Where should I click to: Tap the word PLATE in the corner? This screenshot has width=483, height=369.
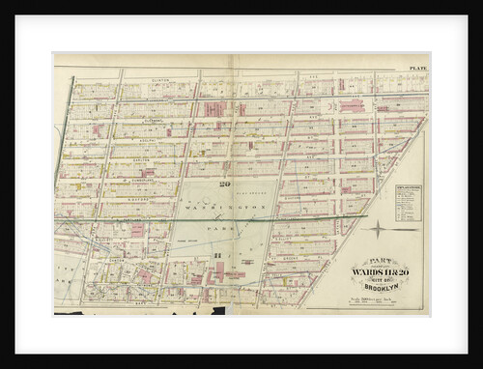417,69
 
